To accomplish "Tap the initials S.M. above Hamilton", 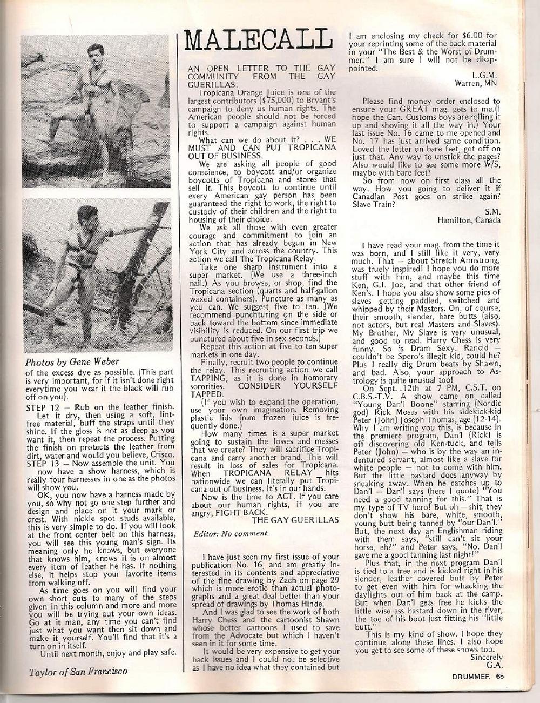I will click(x=494, y=211).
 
